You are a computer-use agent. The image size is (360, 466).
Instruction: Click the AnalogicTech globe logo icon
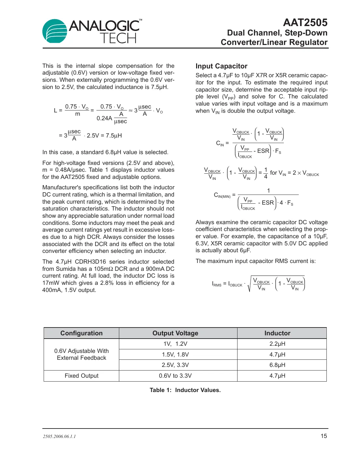(55, 31)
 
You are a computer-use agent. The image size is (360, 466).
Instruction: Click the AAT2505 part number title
(305, 22)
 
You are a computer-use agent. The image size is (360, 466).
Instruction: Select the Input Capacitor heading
(221, 66)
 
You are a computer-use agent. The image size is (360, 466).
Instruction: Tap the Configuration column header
(81, 333)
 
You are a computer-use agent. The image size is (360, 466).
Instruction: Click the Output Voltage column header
(175, 333)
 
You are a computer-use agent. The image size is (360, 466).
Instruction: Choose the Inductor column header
(277, 333)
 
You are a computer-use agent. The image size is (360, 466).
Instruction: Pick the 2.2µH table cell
(277, 344)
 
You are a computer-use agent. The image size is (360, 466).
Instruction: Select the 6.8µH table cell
(277, 365)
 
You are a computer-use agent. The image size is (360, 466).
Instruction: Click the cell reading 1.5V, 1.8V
(175, 355)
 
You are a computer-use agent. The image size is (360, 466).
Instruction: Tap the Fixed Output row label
(81, 376)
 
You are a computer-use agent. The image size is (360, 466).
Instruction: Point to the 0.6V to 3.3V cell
(175, 376)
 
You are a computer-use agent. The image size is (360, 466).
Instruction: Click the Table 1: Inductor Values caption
(185, 390)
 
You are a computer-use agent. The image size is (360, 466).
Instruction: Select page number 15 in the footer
(324, 436)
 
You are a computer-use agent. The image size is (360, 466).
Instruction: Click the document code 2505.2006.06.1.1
(59, 436)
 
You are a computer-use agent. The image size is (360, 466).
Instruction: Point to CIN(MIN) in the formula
(222, 195)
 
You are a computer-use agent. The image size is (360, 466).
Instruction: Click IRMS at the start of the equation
(216, 284)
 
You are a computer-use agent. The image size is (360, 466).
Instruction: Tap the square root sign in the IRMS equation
(249, 284)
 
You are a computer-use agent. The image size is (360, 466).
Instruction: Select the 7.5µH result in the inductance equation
(114, 136)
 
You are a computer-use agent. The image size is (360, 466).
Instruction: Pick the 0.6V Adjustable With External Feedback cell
(81, 354)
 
